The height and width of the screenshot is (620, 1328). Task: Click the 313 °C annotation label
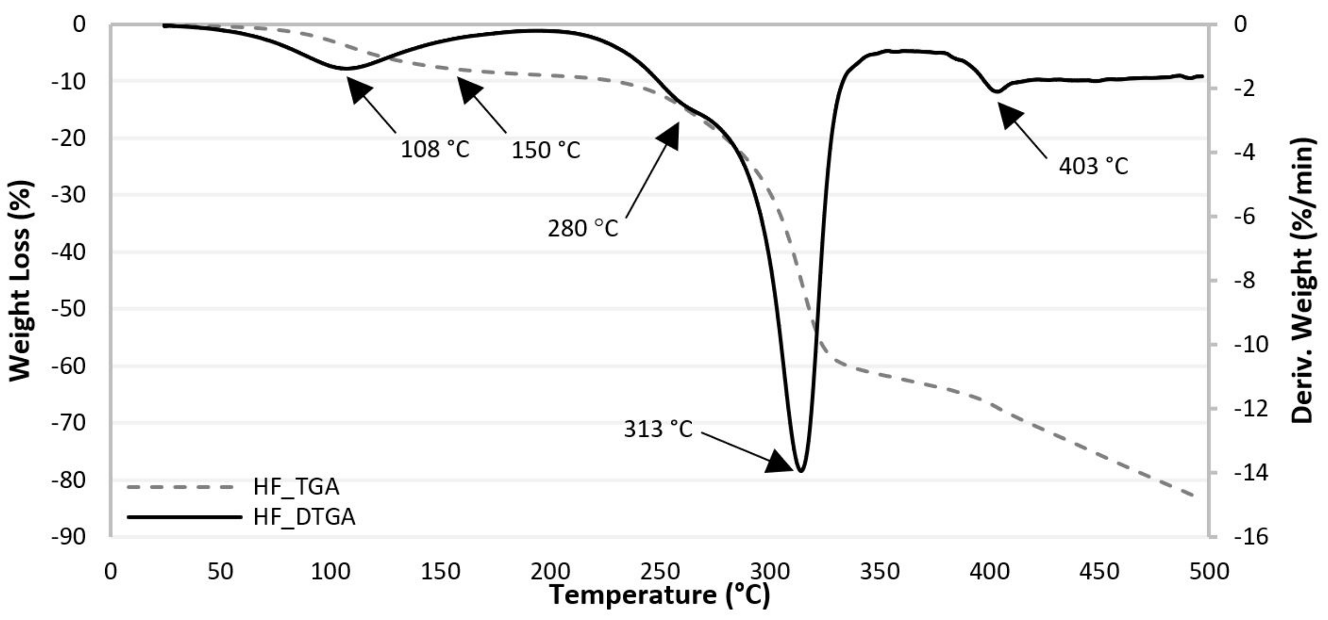(658, 429)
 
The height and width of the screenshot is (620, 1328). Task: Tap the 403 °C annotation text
(1093, 167)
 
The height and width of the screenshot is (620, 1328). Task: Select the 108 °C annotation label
(435, 150)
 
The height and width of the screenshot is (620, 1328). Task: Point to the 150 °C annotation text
(545, 150)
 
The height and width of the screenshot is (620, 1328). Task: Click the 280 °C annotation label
(583, 229)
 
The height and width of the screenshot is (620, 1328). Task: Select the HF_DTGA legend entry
(304, 517)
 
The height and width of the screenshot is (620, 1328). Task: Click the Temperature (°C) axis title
(659, 596)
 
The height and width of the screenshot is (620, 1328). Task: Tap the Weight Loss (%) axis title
(21, 281)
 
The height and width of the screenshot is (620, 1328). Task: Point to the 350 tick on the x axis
(880, 572)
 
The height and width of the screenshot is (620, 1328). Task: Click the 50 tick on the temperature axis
(220, 572)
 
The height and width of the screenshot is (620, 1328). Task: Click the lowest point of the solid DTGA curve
(801, 471)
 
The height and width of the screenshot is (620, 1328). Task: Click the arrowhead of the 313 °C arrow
(780, 463)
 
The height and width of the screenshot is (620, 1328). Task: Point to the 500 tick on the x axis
(1209, 572)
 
